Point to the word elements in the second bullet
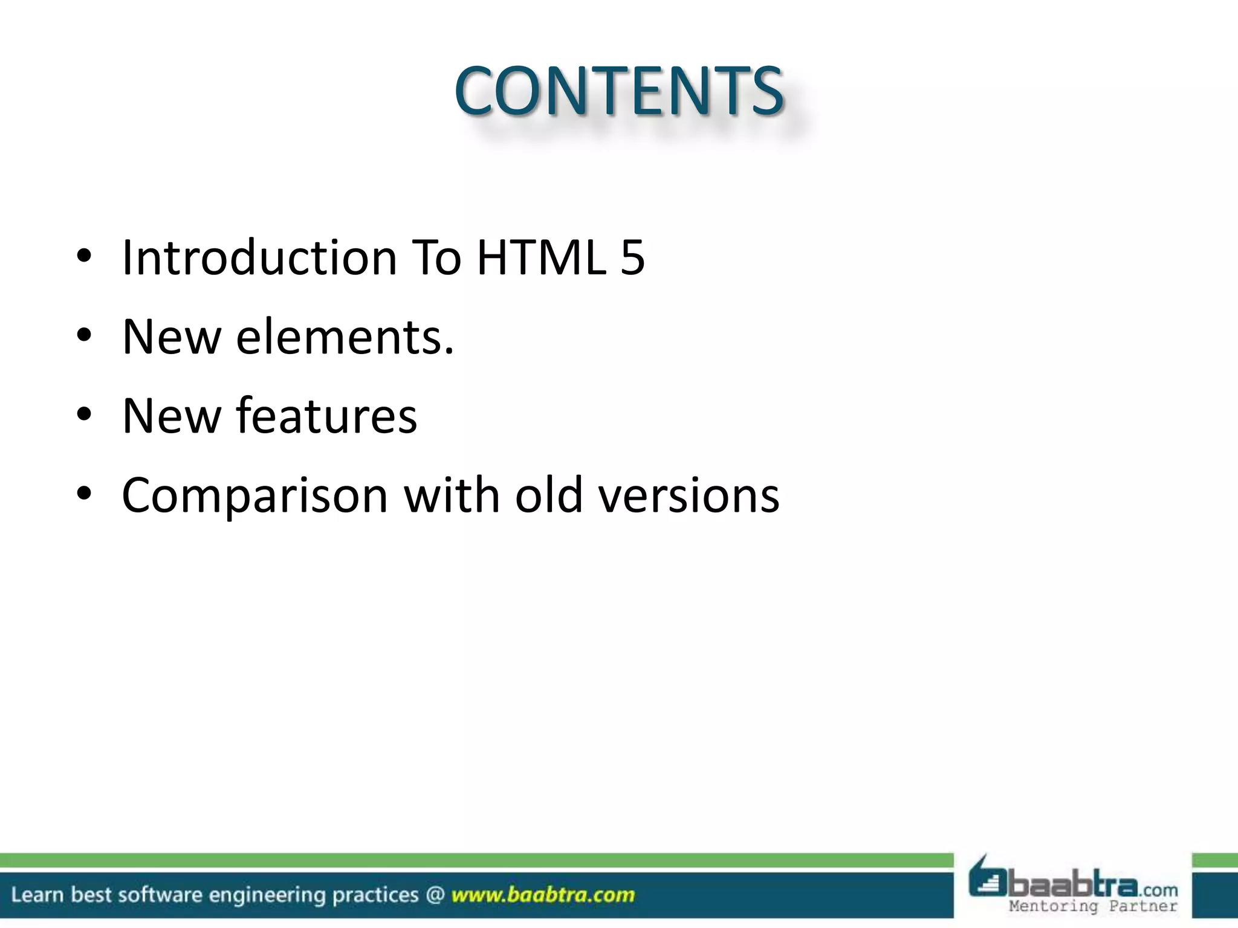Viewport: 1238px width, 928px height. pos(344,337)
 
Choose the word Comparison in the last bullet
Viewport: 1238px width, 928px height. pos(254,496)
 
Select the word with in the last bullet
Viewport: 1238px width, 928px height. pos(452,496)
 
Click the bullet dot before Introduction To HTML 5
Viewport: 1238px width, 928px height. pos(84,256)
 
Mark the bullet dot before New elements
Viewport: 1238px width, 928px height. pos(84,335)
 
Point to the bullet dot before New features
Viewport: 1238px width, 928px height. pos(84,415)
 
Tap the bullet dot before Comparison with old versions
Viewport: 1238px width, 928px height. pos(84,494)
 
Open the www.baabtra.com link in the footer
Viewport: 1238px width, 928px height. pos(542,895)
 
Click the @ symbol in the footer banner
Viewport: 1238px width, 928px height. pos(434,894)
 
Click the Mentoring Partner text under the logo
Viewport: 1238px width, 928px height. pos(1093,906)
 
